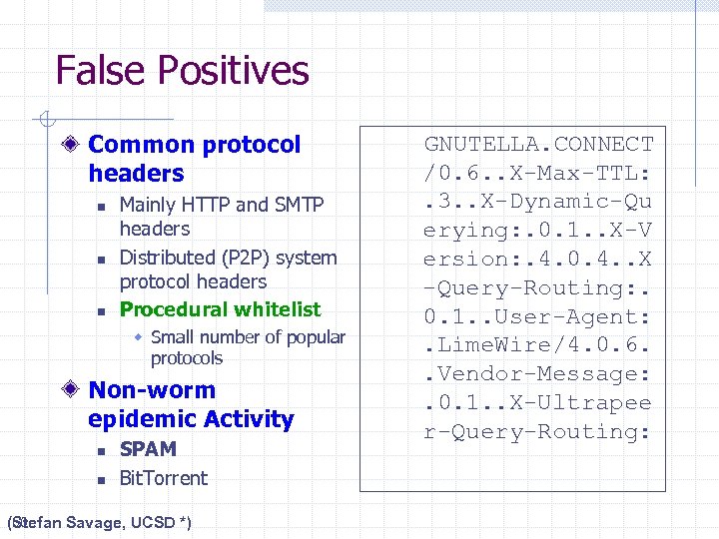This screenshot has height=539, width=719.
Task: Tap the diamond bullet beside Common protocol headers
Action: click(x=71, y=145)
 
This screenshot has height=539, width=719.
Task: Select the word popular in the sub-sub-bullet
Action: click(x=314, y=337)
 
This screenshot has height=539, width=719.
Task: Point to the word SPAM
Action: click(x=148, y=449)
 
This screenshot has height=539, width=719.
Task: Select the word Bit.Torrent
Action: click(x=163, y=478)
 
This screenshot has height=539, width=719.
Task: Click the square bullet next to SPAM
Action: click(x=101, y=451)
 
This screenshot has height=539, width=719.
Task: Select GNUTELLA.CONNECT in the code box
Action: click(x=538, y=144)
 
